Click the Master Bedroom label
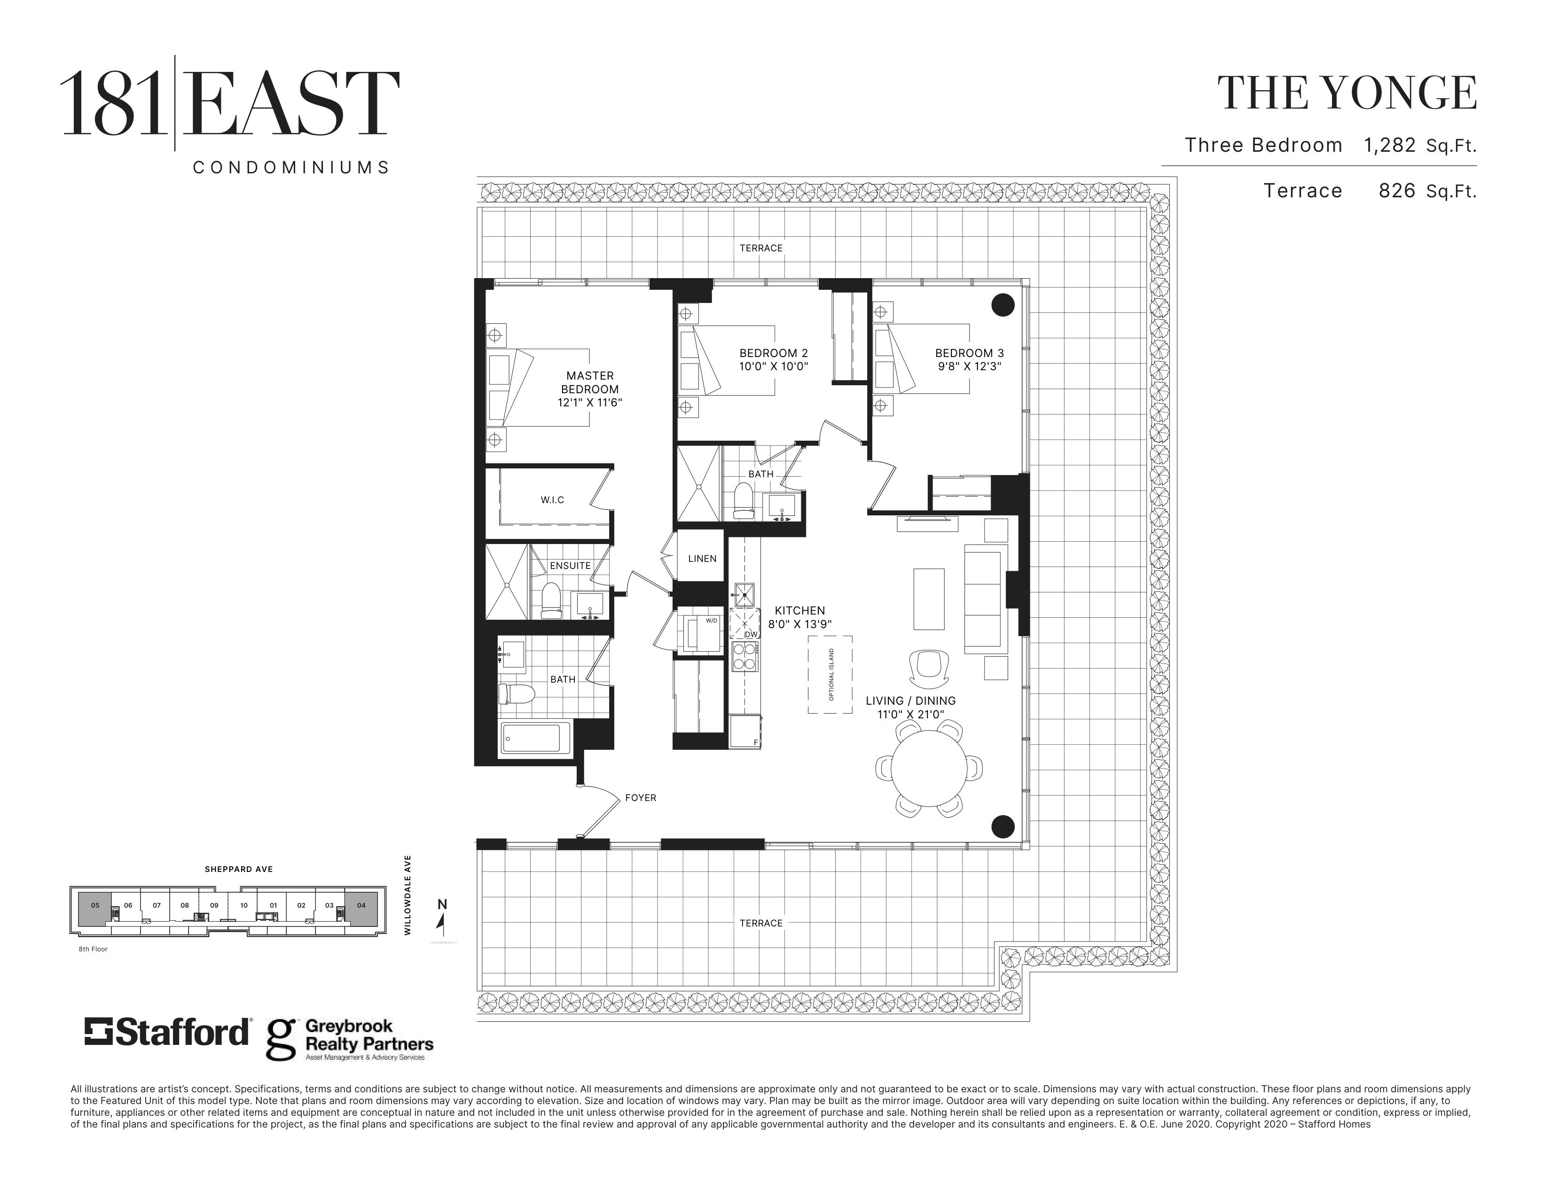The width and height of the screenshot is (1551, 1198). (x=590, y=382)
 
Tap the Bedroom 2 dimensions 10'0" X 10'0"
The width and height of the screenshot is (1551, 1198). (x=774, y=367)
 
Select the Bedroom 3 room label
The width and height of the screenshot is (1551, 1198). (x=969, y=353)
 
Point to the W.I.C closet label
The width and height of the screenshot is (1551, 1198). (x=553, y=500)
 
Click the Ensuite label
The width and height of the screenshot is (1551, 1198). (x=570, y=566)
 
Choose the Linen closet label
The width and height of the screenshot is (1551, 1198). (x=702, y=559)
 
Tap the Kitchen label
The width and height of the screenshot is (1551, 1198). (x=799, y=610)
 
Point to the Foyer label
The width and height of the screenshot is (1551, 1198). (x=641, y=798)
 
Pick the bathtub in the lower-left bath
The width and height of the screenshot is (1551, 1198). (x=536, y=738)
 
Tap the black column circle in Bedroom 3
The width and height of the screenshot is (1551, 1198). (x=1003, y=305)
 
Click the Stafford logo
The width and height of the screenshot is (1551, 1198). (x=168, y=1033)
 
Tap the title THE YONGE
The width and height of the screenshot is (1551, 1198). (x=1347, y=93)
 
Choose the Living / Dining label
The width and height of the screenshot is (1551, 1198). (x=910, y=700)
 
